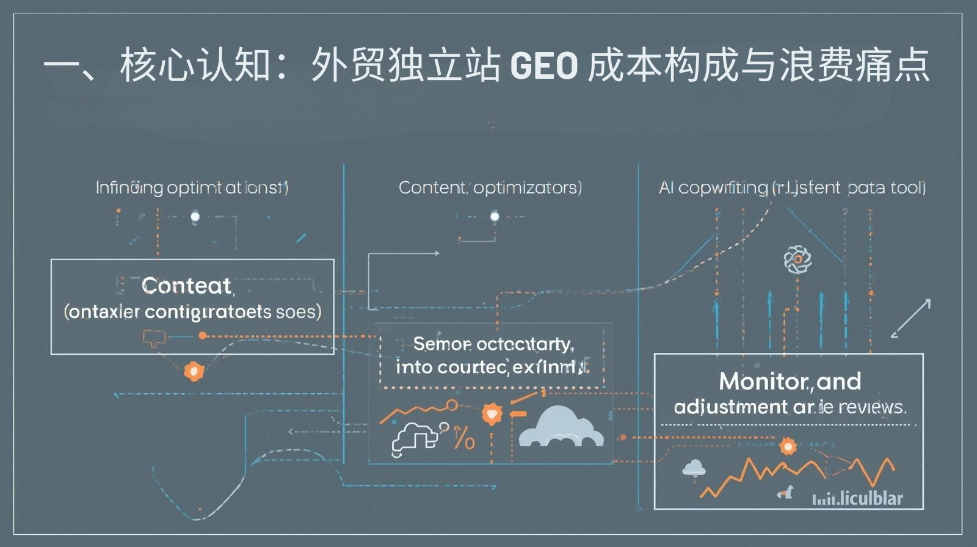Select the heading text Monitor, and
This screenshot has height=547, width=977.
(x=790, y=382)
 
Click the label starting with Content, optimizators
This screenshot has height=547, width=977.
(x=490, y=187)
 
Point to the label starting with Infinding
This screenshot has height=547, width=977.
(x=192, y=187)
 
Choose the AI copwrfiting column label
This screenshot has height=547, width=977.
(x=792, y=187)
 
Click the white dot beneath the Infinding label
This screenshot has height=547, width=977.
(x=195, y=216)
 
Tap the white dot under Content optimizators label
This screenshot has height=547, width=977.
(x=495, y=216)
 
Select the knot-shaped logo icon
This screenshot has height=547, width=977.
(x=797, y=259)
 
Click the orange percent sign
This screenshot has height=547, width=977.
(x=464, y=438)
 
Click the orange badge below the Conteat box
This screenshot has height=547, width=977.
(x=194, y=371)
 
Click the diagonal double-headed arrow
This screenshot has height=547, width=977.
(x=910, y=318)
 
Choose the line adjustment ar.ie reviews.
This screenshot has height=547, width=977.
(x=790, y=407)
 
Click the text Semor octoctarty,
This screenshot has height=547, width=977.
(x=493, y=344)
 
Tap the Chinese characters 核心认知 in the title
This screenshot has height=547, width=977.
(x=195, y=66)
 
